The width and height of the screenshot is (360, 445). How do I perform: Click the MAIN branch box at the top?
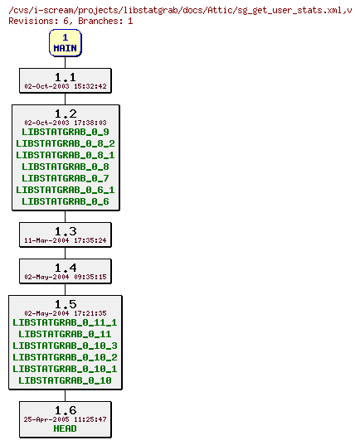tap(65, 43)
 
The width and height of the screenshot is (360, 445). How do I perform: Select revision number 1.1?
tap(65, 76)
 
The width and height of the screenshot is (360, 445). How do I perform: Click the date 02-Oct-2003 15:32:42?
tap(65, 86)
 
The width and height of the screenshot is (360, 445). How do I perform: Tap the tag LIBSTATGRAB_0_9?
tap(65, 132)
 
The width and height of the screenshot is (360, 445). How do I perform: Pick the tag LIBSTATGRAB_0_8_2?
tap(65, 143)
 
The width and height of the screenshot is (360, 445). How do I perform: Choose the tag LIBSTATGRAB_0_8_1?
tap(65, 155)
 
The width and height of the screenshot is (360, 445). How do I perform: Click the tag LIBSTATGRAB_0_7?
tap(65, 178)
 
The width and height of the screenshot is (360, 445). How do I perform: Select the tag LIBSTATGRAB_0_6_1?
tap(65, 190)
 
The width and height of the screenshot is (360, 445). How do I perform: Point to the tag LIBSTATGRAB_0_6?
tap(65, 201)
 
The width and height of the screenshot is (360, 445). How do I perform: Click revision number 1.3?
tap(65, 231)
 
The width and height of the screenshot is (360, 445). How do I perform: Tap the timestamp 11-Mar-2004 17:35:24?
tap(65, 241)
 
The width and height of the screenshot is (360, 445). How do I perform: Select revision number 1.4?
tap(65, 268)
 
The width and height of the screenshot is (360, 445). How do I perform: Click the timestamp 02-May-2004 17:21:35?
tap(65, 313)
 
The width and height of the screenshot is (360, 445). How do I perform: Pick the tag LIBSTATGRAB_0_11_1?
tap(65, 322)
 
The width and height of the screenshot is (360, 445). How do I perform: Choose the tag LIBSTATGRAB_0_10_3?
tap(65, 346)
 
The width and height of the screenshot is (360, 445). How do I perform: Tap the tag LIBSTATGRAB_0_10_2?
tap(65, 357)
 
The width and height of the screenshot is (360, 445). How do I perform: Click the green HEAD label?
tap(65, 428)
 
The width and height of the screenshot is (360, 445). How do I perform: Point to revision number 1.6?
tap(65, 410)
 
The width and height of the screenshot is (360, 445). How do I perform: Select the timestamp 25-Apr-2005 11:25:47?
tap(65, 419)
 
